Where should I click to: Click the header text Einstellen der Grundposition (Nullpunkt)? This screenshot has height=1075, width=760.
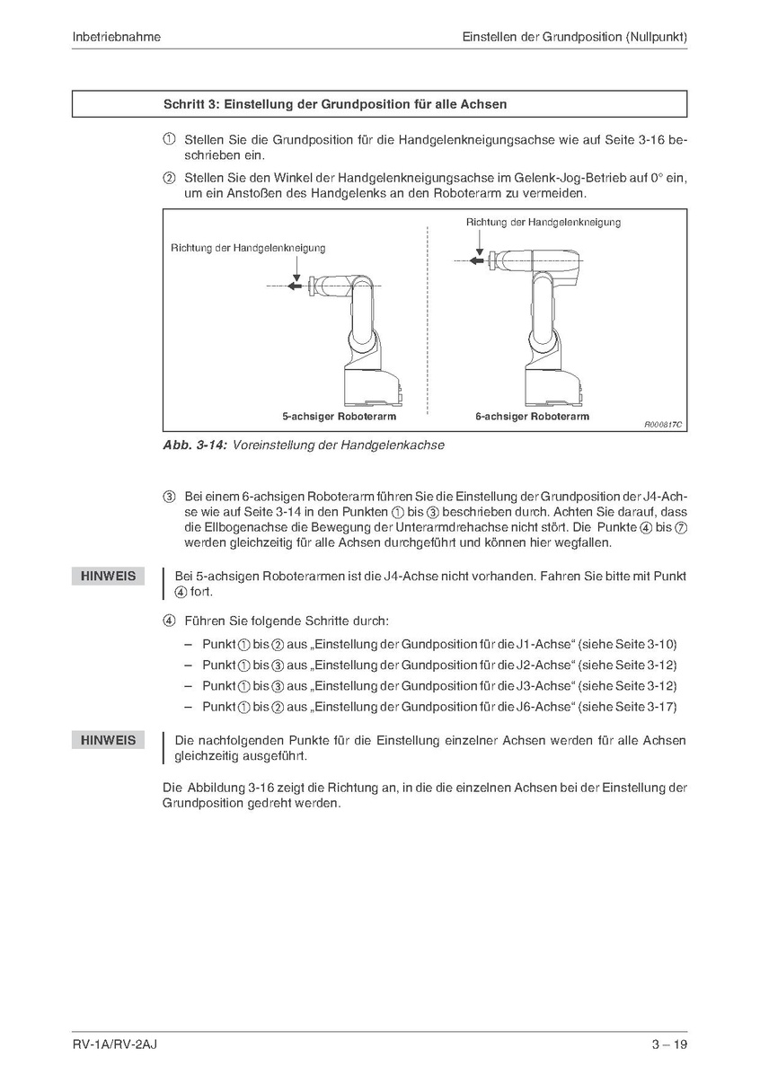pyautogui.click(x=575, y=37)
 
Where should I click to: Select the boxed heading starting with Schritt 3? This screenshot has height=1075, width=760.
pyautogui.click(x=334, y=104)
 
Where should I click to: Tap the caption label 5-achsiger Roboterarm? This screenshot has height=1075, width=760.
pyautogui.click(x=339, y=417)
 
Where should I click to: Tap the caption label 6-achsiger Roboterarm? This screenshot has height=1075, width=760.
pyautogui.click(x=532, y=417)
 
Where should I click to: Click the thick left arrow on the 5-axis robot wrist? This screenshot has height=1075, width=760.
pyautogui.click(x=296, y=286)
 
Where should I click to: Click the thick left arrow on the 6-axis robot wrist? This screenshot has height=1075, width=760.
pyautogui.click(x=479, y=260)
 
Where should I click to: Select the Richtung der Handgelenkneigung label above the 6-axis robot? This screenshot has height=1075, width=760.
pyautogui.click(x=543, y=222)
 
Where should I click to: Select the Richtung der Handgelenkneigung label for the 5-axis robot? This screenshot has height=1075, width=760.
pyautogui.click(x=248, y=248)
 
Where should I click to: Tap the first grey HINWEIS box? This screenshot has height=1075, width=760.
pyautogui.click(x=108, y=576)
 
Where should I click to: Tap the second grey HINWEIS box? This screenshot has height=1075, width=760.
pyautogui.click(x=108, y=740)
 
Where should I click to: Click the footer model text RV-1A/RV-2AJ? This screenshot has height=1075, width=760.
pyautogui.click(x=116, y=1044)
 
